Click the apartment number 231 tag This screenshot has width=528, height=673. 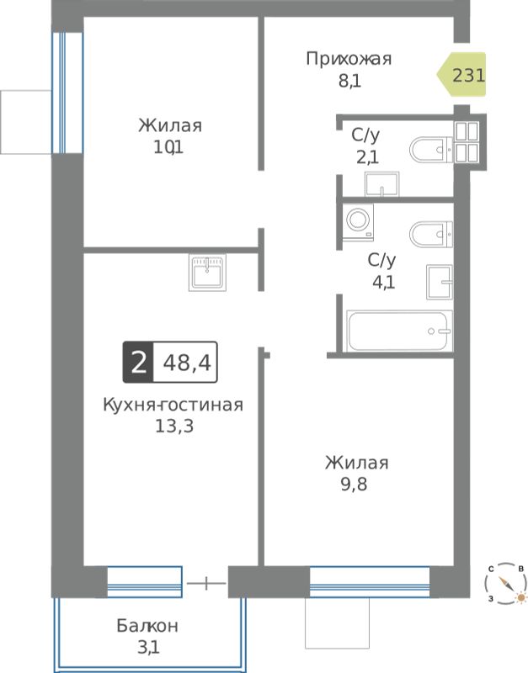tap(461, 75)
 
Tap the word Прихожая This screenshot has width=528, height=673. tap(349, 59)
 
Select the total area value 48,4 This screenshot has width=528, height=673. tap(187, 363)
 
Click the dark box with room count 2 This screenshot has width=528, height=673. tap(138, 363)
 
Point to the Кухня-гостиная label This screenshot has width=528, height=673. tap(173, 405)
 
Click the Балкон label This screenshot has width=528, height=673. tap(147, 626)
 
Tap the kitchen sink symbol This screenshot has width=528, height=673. tap(207, 273)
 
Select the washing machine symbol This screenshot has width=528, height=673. tap(358, 221)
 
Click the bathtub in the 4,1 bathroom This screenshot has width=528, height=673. tap(399, 331)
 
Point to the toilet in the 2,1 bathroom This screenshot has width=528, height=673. tap(431, 150)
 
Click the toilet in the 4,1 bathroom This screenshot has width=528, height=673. tap(431, 235)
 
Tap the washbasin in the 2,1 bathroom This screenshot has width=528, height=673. tap(382, 184)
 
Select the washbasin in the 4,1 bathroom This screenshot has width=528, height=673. tap(440, 282)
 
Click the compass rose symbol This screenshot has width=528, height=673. tap(506, 584)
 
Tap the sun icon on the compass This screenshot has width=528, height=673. tap(521, 597)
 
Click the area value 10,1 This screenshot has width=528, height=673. tap(168, 148)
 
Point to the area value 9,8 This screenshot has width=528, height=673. tap(354, 485)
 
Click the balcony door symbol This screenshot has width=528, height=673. tap(206, 583)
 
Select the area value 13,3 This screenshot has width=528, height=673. tap(174, 427)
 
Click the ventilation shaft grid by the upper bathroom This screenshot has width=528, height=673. tap(467, 142)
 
